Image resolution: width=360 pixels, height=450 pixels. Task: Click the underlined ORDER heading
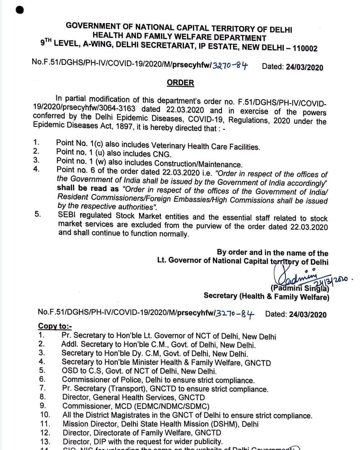click(x=180, y=83)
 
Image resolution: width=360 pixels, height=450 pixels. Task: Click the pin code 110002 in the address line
click(x=305, y=48)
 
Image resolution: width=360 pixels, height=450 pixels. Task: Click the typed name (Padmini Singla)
click(x=300, y=288)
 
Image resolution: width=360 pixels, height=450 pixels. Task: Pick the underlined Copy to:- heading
click(x=55, y=326)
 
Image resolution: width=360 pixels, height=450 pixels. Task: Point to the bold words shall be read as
click(x=88, y=189)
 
